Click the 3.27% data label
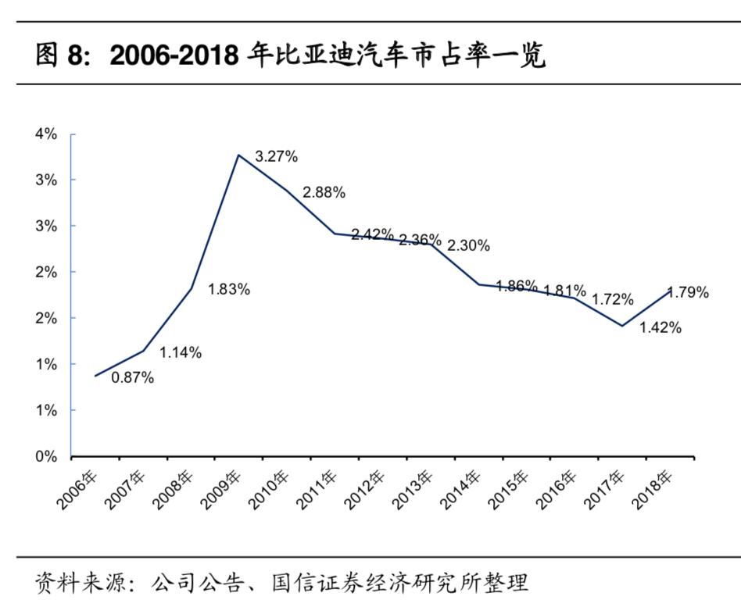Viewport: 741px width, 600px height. click(x=277, y=156)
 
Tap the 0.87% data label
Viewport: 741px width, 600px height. click(x=132, y=378)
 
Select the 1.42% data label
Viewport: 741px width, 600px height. click(x=660, y=328)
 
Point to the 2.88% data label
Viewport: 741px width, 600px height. click(x=324, y=192)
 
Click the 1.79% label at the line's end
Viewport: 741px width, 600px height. click(x=688, y=293)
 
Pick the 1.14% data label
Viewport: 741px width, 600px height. click(x=181, y=353)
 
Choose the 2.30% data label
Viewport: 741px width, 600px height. click(x=468, y=246)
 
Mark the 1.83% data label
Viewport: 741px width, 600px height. click(x=228, y=290)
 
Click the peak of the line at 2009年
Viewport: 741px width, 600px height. click(x=238, y=155)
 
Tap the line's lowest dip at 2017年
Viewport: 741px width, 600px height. click(x=621, y=326)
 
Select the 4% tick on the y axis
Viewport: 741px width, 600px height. click(x=46, y=134)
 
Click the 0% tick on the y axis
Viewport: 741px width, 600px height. click(x=46, y=456)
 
